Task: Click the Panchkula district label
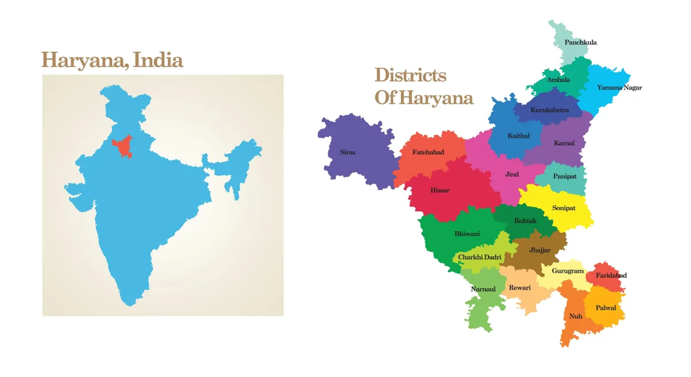click(x=580, y=43)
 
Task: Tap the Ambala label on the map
click(x=558, y=80)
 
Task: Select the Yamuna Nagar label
click(x=619, y=88)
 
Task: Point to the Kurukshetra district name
click(x=549, y=110)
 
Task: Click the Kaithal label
click(x=518, y=136)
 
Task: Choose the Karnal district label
click(x=564, y=143)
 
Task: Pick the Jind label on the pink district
click(x=511, y=175)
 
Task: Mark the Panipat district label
click(x=564, y=176)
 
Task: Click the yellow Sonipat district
click(x=564, y=208)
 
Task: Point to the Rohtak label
click(x=525, y=221)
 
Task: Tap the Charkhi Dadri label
click(x=480, y=257)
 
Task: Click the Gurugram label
click(x=567, y=271)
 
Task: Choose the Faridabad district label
click(x=611, y=276)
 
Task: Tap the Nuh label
click(x=575, y=316)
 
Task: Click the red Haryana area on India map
click(x=122, y=146)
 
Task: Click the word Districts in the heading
click(x=410, y=75)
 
